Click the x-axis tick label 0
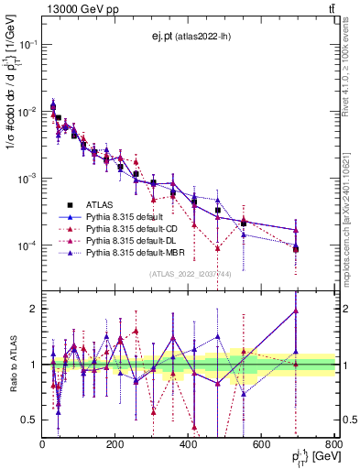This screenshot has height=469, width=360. tap(43, 445)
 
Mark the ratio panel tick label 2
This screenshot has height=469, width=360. tap(32, 309)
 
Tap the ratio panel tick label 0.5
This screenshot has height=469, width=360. tap(28, 420)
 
